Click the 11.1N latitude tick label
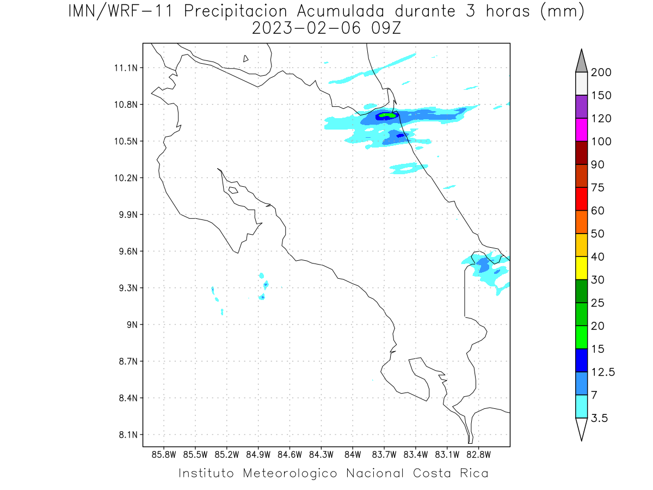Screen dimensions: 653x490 pyautogui.click(x=126, y=68)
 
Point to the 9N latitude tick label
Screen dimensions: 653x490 pyautogui.click(x=132, y=324)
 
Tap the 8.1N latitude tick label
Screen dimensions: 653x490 pyautogui.click(x=128, y=434)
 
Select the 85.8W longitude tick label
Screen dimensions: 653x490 pyautogui.click(x=164, y=455)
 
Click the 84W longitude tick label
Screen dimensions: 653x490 pyautogui.click(x=353, y=455)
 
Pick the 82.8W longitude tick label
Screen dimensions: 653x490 pyautogui.click(x=478, y=455)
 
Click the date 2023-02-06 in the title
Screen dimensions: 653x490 pyautogui.click(x=306, y=28)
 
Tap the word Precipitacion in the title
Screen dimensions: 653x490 pyautogui.click(x=236, y=12)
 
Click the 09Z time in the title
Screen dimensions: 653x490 pyautogui.click(x=386, y=28)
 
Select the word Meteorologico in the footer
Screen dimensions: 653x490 pyautogui.click(x=289, y=473)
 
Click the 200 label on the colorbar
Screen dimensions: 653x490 pyautogui.click(x=601, y=72)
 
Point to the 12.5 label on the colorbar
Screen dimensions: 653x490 pyautogui.click(x=603, y=372)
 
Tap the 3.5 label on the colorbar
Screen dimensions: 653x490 pyautogui.click(x=599, y=418)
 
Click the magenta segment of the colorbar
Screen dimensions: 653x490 pyautogui.click(x=581, y=130)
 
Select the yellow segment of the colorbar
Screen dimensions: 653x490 pyautogui.click(x=581, y=268)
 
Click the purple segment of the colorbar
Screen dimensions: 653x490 pyautogui.click(x=581, y=107)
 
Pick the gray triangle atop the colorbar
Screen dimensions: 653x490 pyautogui.click(x=581, y=63)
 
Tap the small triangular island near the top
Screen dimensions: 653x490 pyautogui.click(x=245, y=59)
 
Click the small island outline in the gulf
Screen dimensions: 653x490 pyautogui.click(x=233, y=190)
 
